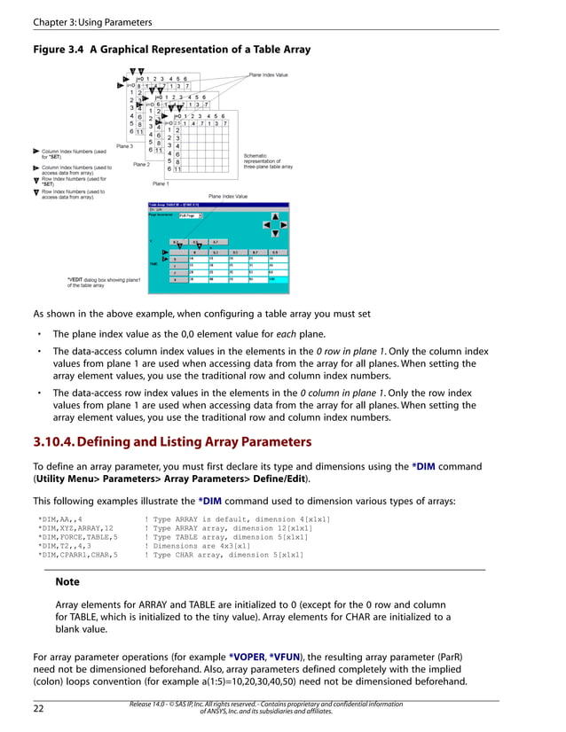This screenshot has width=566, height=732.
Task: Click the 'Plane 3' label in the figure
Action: [125, 146]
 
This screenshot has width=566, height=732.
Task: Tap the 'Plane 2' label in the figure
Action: [141, 165]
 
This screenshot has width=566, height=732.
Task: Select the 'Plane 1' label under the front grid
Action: [161, 183]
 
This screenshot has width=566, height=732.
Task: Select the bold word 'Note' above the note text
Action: [67, 582]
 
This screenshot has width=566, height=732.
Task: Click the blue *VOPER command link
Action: [253, 657]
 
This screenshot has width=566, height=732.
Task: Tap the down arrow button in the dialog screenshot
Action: [276, 233]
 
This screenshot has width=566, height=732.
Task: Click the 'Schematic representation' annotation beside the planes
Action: [267, 160]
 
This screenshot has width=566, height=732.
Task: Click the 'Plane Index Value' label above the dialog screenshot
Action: [228, 196]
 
